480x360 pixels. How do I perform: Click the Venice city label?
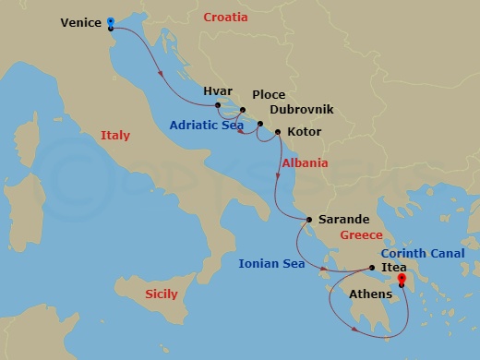tap(80, 22)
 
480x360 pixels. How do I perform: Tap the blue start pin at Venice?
tap(110, 20)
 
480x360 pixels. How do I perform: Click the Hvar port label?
tap(218, 92)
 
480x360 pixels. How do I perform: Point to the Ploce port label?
tap(268, 95)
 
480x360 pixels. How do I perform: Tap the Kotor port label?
tap(305, 132)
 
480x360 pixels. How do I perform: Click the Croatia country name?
tap(231, 18)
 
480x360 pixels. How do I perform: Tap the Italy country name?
tap(115, 136)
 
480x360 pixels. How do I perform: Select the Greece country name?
tap(361, 235)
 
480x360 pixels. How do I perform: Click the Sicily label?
tap(163, 294)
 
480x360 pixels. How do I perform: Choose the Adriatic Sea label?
tap(206, 125)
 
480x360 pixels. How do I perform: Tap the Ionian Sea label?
tap(271, 263)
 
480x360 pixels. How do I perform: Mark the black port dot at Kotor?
tap(278, 132)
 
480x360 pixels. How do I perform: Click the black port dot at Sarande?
tap(309, 219)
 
